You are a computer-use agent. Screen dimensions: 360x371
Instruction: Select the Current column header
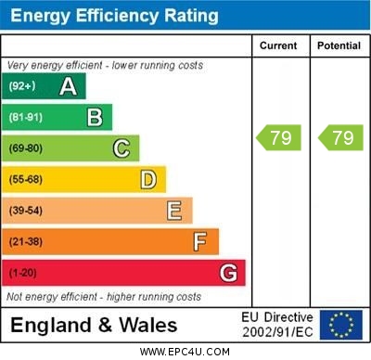click(x=278, y=45)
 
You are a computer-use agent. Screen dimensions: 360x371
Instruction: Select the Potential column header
click(x=338, y=45)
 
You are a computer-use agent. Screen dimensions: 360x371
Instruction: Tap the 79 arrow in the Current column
click(x=279, y=138)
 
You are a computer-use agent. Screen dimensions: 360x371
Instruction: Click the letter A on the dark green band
click(x=68, y=86)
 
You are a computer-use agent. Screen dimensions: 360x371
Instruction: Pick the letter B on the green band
click(x=94, y=117)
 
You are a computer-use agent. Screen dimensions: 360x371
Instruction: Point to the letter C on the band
click(x=121, y=148)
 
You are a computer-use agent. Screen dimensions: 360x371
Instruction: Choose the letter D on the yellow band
click(x=147, y=179)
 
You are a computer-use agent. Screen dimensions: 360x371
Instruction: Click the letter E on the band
click(x=173, y=211)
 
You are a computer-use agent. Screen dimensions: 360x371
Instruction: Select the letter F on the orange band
click(x=199, y=241)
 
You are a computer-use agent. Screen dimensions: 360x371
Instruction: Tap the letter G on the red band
click(x=228, y=273)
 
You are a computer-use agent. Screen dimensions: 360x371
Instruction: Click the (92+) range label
click(x=22, y=86)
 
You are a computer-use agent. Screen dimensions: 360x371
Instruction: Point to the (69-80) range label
click(x=26, y=148)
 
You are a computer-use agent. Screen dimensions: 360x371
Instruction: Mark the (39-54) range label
click(x=26, y=211)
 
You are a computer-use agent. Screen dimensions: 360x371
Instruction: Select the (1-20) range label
click(x=23, y=273)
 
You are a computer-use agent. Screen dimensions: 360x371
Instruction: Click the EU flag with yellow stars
click(x=340, y=324)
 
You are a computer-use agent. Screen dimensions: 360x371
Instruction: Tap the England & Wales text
click(x=93, y=325)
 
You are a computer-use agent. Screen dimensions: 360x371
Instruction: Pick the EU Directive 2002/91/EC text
click(x=277, y=324)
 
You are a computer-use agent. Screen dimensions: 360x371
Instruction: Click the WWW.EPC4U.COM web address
click(x=185, y=352)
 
